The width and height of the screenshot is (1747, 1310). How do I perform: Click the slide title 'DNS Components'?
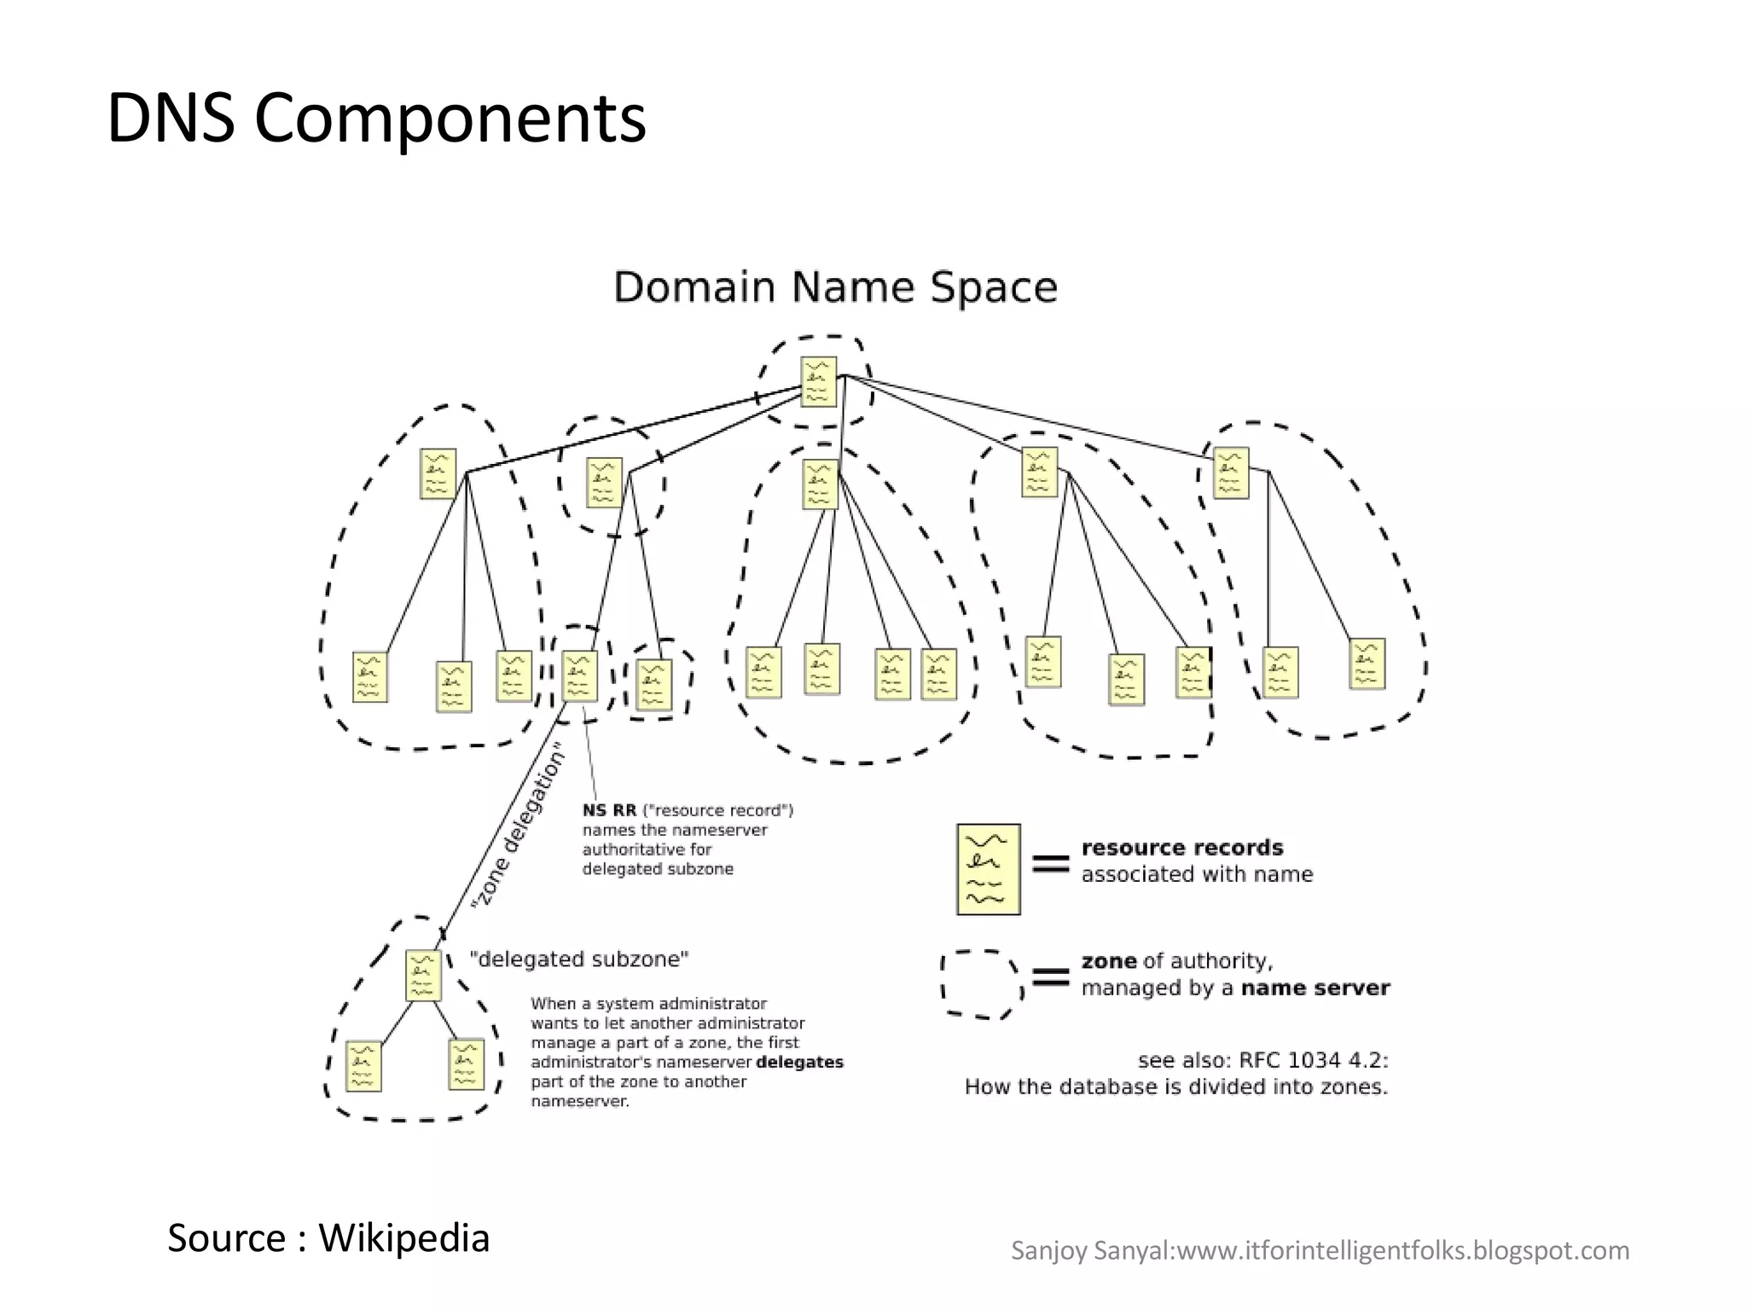pos(376,119)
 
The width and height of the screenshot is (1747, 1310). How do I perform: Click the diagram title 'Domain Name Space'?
pos(835,287)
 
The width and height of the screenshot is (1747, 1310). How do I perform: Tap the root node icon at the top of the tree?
pos(818,381)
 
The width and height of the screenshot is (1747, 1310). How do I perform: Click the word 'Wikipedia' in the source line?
pos(404,1238)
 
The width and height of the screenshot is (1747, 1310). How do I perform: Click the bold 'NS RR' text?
pos(609,810)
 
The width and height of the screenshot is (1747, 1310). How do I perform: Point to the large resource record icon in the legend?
pos(988,869)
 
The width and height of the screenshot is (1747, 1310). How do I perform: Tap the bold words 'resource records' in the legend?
pos(1181,848)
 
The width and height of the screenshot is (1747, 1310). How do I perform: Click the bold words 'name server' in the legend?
pos(1315,988)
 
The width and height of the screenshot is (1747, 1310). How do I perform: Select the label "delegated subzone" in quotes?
pos(579,959)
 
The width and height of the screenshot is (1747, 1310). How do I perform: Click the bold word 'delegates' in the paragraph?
pos(799,1063)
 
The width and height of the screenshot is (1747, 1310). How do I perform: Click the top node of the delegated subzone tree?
pos(423,975)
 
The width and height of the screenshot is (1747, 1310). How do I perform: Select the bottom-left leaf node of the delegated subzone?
pos(363,1065)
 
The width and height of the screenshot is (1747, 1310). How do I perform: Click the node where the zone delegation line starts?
pos(579,676)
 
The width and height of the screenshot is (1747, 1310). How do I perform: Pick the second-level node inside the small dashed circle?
pos(604,482)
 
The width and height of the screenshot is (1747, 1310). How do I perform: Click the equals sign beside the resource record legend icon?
pos(1050,863)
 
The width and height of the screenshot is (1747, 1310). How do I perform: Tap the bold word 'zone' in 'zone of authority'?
pos(1108,961)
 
